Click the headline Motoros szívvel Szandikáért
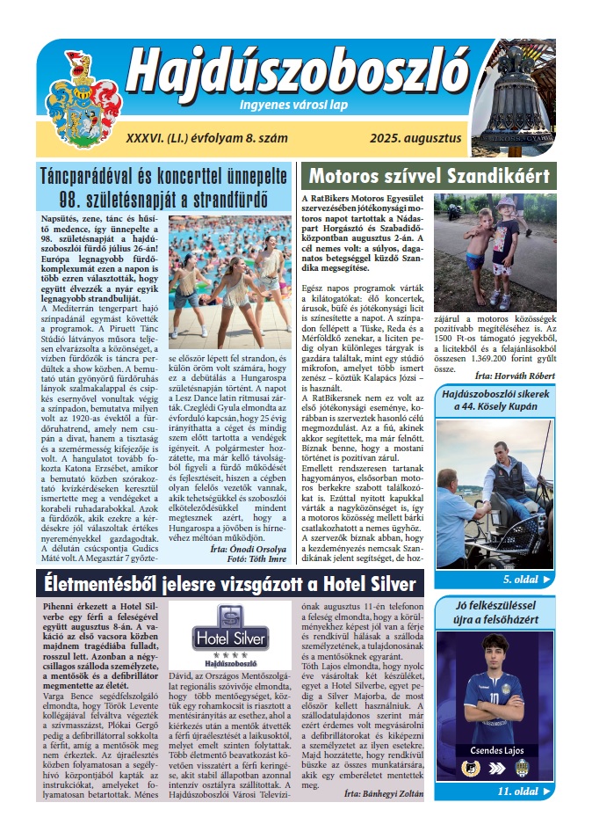pyautogui.click(x=429, y=174)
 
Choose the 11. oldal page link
pyautogui.click(x=524, y=791)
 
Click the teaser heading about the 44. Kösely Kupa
pyautogui.click(x=495, y=401)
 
